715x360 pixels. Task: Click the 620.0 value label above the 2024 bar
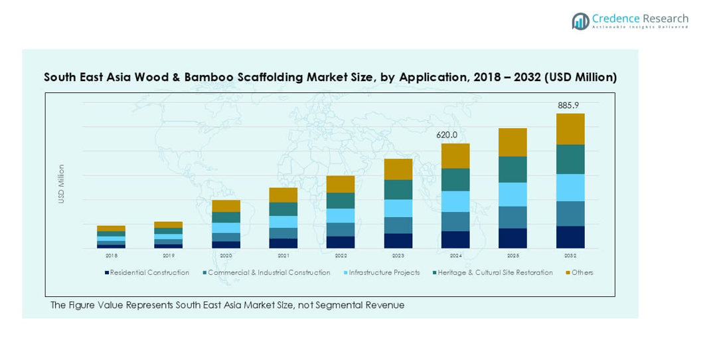447,135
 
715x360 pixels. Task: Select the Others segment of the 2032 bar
570,129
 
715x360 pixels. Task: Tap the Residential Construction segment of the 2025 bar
513,238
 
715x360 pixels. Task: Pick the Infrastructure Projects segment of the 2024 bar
455,201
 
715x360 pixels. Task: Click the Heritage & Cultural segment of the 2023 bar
398,189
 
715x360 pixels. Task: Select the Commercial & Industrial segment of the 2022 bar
341,229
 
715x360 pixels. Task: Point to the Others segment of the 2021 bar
283,195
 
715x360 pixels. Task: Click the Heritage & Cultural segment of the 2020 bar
226,217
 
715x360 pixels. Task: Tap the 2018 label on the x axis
111,256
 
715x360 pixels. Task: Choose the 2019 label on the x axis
169,256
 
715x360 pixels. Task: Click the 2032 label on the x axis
570,256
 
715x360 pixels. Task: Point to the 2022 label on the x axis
341,256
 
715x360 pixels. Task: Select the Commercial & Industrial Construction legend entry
268,273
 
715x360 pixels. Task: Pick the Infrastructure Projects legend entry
384,273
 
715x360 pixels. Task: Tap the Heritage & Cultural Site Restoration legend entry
495,273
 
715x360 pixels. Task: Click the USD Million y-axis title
61,184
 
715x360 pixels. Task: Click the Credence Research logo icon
580,21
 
